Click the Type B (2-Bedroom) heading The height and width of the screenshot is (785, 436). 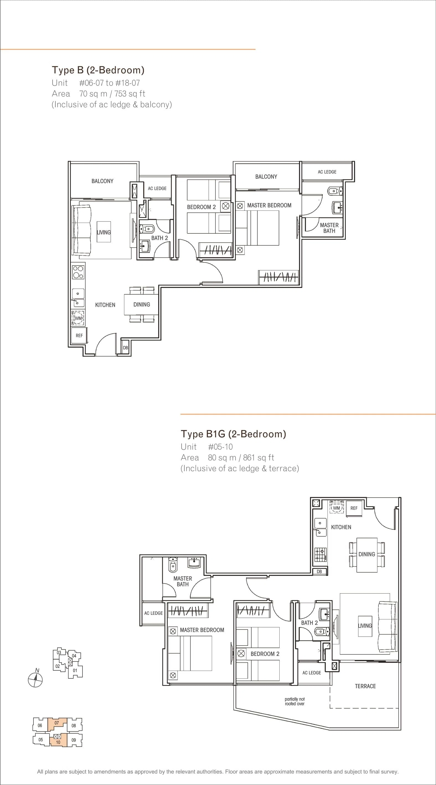pos(98,70)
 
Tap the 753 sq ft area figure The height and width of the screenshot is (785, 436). pos(130,94)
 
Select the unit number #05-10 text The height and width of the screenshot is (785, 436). pos(220,447)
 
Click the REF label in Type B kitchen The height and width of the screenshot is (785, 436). pos(79,336)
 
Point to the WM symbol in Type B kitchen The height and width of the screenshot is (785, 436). pos(78,318)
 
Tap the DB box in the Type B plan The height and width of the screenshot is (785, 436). pos(125,348)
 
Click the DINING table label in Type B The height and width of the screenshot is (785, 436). pos(142,304)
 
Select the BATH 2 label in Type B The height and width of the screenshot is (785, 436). pos(160,238)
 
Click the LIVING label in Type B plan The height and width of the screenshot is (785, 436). pos(104,232)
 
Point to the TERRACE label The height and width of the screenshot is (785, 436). pos(365,686)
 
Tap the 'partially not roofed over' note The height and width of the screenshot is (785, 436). pos(295,701)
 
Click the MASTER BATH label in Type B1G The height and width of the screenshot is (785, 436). pos(182,581)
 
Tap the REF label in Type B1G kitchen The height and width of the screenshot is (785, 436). pos(354,508)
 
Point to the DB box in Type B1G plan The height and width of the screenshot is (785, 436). pos(319,572)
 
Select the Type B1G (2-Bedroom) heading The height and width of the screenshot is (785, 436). pos(233,434)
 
